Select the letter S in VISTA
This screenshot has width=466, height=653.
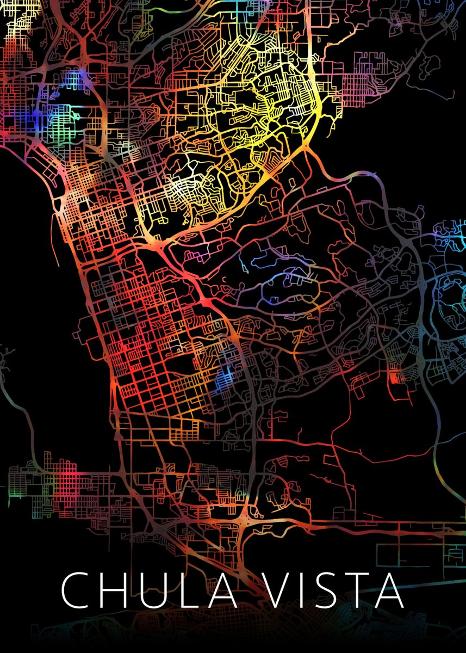(331, 590)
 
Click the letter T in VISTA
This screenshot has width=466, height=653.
(362, 590)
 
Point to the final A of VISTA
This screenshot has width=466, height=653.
(390, 590)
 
